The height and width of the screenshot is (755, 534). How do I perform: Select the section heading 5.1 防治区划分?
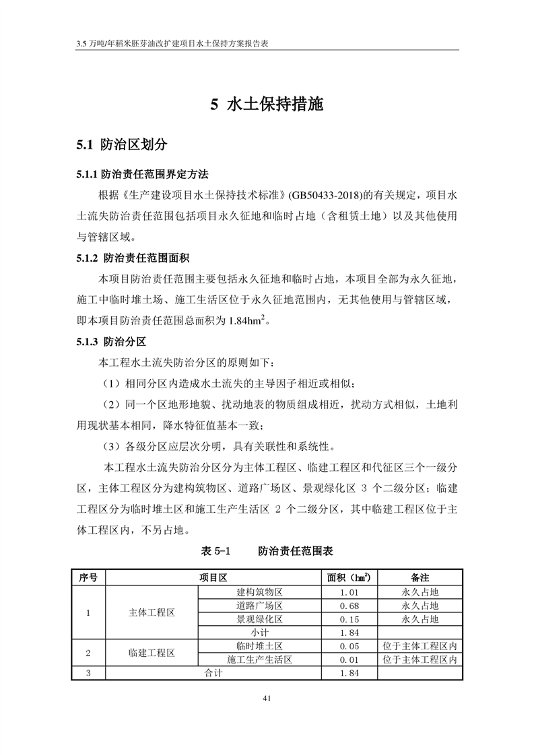point(121,145)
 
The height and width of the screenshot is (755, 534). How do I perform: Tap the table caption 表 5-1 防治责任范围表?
point(267,550)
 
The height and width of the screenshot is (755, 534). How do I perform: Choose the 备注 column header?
point(420,577)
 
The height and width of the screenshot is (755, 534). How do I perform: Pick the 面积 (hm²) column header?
point(349,577)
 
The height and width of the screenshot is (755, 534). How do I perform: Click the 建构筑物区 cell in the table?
point(259,592)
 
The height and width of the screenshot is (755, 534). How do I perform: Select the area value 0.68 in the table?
point(349,606)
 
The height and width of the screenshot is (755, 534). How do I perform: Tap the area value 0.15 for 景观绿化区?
point(349,619)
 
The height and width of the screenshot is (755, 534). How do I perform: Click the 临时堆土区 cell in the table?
point(259,646)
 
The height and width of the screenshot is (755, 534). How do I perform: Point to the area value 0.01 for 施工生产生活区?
point(349,659)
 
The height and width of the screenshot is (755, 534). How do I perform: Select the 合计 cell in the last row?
point(213,673)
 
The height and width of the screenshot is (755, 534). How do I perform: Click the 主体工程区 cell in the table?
point(152,612)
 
